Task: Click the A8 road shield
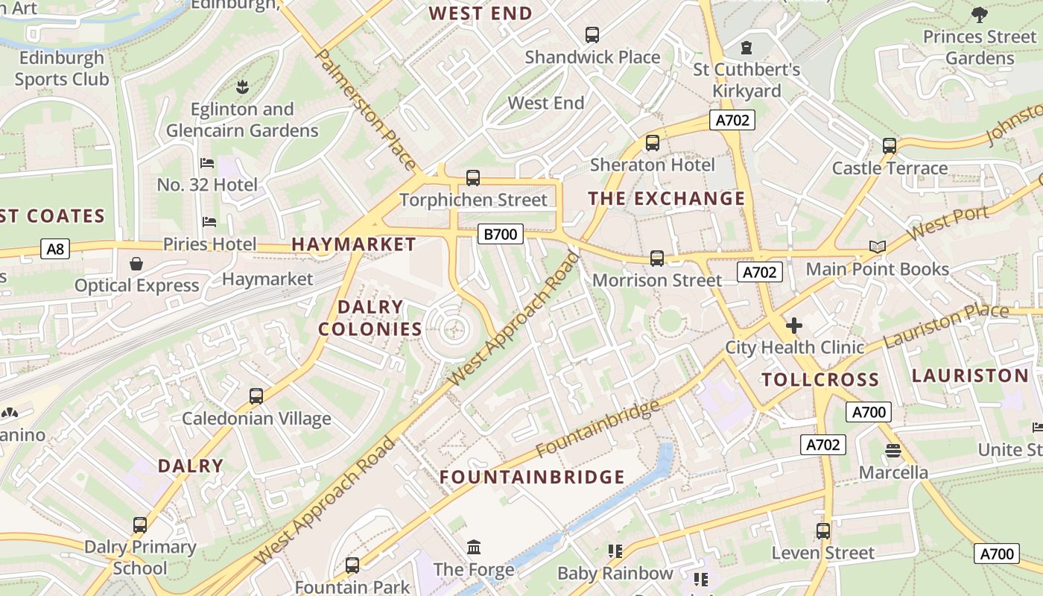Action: (55, 249)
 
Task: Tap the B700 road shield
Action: (500, 235)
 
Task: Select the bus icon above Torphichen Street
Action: (473, 178)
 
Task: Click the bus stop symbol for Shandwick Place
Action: (592, 35)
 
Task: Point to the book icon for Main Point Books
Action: (878, 247)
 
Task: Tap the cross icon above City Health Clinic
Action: (794, 326)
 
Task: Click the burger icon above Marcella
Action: (893, 451)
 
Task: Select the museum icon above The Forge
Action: (474, 548)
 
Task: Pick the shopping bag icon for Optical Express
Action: (136, 264)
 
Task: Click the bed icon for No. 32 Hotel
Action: (207, 163)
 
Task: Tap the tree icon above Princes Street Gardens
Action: (980, 14)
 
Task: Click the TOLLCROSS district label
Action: (820, 380)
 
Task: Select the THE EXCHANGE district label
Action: (666, 199)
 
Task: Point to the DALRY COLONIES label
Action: (370, 318)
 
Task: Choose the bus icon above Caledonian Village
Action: (256, 396)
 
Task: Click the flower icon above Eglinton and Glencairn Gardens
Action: (241, 87)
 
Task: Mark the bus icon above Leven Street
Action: (823, 531)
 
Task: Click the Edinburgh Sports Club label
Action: (62, 69)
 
